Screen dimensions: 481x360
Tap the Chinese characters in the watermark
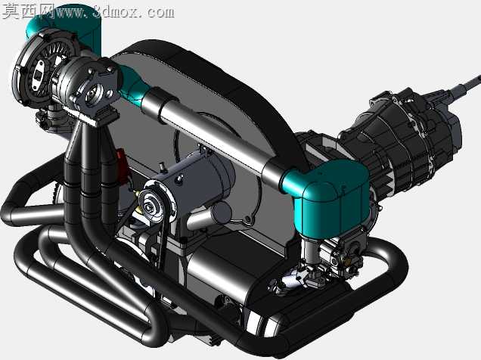point(29,11)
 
